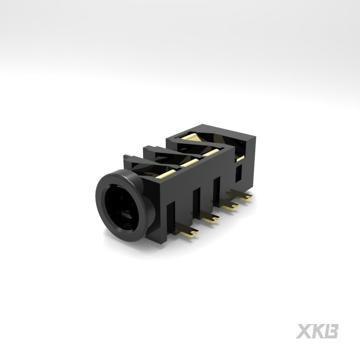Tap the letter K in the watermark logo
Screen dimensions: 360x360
tap(318, 331)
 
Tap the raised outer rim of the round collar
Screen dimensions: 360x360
tap(99, 204)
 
